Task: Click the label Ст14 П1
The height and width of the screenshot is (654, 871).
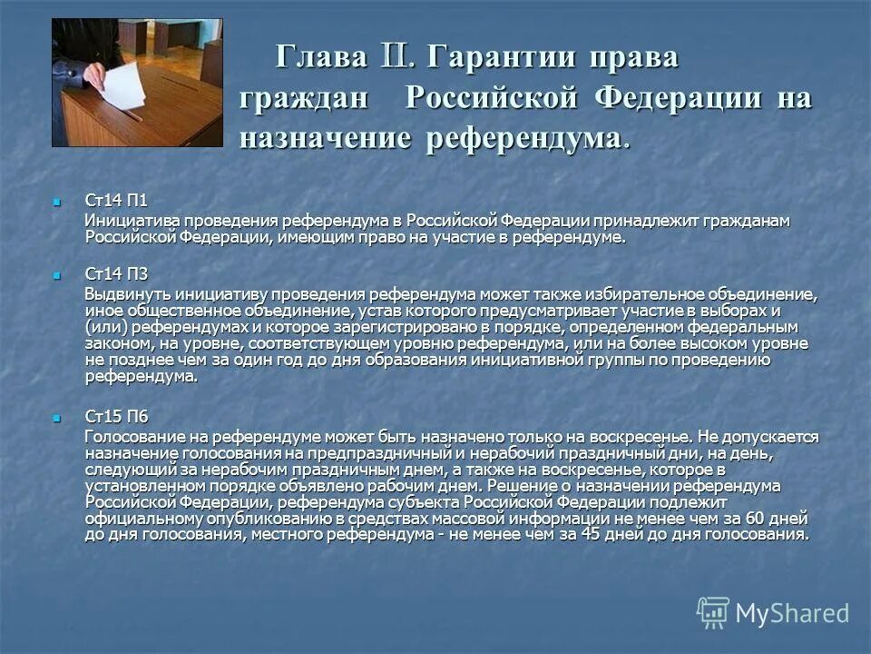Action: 116,200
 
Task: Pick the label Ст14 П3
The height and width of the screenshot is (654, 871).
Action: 116,274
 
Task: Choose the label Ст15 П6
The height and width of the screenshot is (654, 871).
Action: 116,416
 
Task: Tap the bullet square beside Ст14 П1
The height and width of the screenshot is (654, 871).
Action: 57,200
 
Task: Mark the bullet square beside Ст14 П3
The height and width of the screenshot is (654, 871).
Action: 57,274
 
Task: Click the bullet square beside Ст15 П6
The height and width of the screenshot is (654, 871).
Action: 57,417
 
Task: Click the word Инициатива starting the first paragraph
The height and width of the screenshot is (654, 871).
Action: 127,222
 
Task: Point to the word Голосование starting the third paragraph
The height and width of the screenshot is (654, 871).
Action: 135,437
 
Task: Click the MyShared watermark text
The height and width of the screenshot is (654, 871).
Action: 792,613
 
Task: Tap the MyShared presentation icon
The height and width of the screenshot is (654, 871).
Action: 713,613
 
